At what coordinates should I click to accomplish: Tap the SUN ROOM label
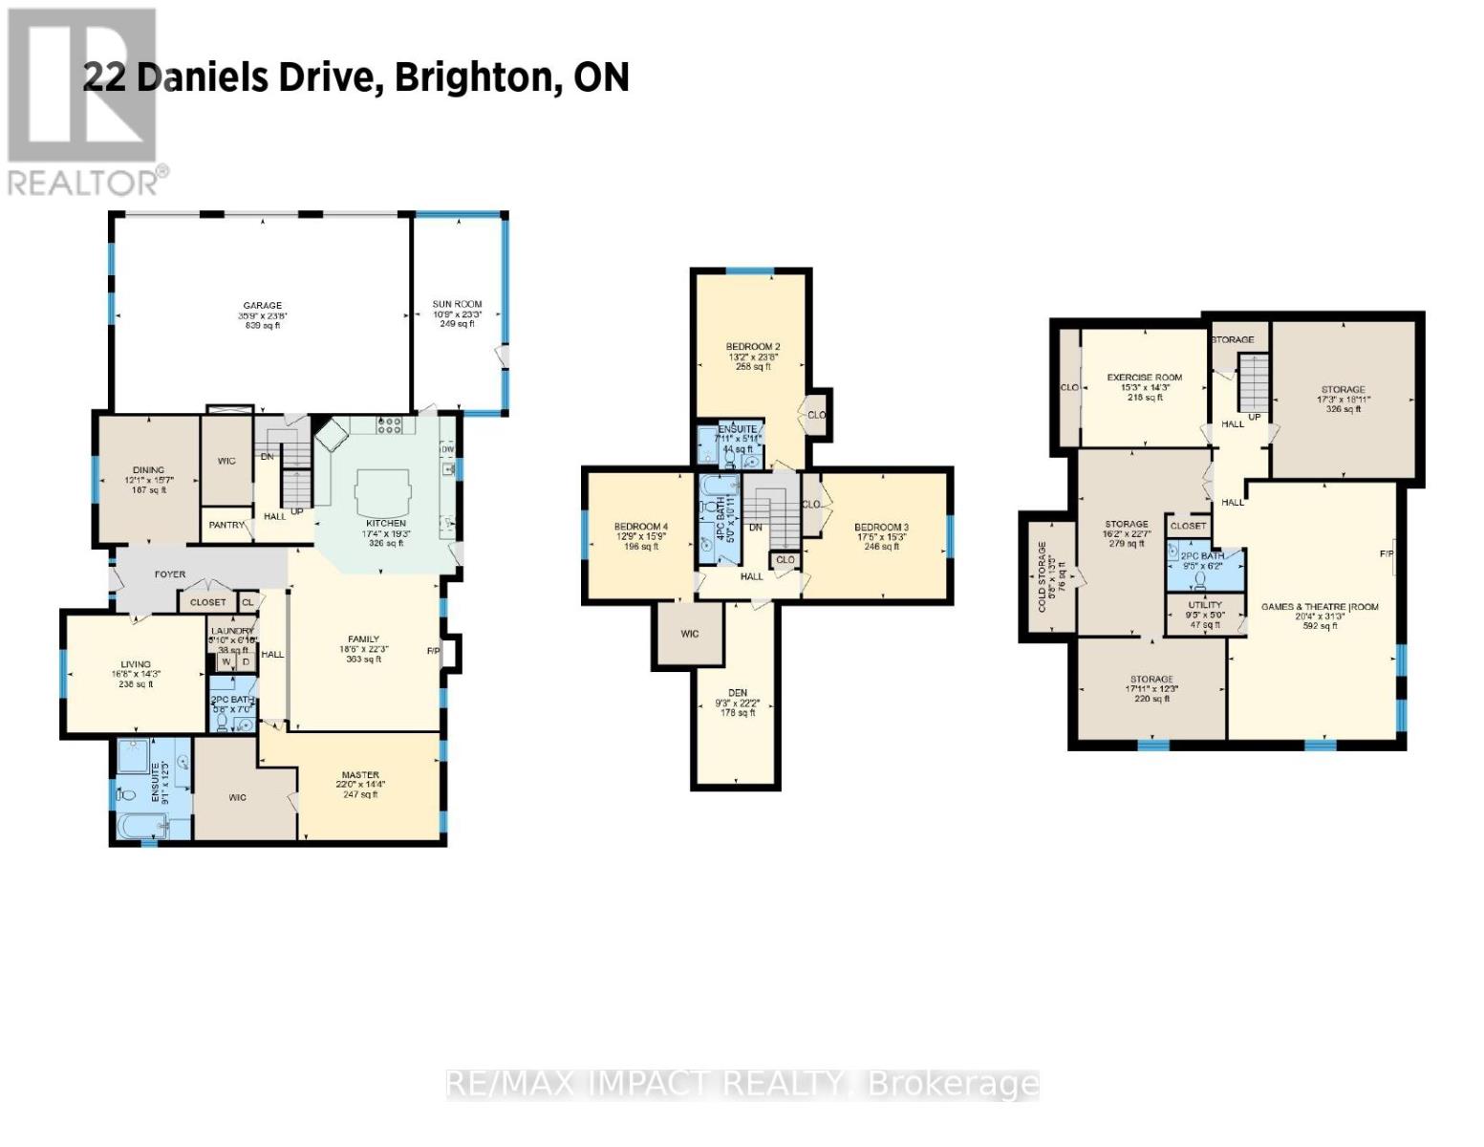click(x=457, y=304)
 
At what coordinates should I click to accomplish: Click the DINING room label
click(x=148, y=470)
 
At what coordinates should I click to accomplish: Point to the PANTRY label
click(x=227, y=525)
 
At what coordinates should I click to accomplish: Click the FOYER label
click(x=170, y=574)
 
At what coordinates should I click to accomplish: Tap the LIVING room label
click(x=135, y=664)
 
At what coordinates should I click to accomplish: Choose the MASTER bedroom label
click(x=360, y=775)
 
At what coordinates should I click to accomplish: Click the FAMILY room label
click(x=363, y=639)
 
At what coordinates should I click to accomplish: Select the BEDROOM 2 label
click(x=753, y=346)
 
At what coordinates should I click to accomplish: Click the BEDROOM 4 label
click(x=640, y=527)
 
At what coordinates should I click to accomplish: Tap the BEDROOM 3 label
click(x=881, y=527)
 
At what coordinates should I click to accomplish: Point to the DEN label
click(x=737, y=693)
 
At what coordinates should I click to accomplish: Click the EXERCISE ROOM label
click(x=1145, y=378)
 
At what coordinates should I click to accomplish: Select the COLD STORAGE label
click(x=1043, y=576)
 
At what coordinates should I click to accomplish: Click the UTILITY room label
click(x=1205, y=605)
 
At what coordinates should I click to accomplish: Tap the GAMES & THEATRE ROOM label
click(x=1320, y=607)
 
